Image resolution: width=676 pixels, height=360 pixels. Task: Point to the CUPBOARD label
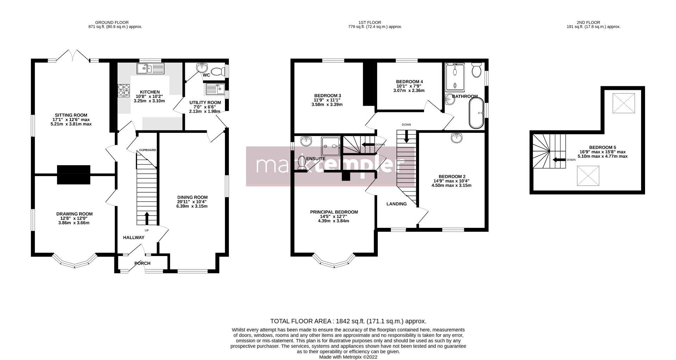pos(148,150)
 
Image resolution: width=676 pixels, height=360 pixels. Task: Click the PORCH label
pos(142,263)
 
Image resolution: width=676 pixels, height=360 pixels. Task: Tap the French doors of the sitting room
pos(73,56)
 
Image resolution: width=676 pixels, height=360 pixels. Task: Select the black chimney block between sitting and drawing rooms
pos(74,175)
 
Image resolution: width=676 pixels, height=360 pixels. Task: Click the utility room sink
pos(214,89)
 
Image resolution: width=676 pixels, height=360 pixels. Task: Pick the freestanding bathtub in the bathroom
pos(477,113)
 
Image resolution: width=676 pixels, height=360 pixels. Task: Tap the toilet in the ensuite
pos(302,163)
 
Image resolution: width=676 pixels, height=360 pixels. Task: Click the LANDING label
pos(396,204)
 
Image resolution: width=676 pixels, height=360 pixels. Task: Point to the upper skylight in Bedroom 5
pos(624,103)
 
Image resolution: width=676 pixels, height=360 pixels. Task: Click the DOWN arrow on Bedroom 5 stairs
pos(558,160)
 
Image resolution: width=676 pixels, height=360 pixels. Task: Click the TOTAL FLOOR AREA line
pos(348,321)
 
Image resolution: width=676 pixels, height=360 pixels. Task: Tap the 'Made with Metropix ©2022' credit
pos(348,357)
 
